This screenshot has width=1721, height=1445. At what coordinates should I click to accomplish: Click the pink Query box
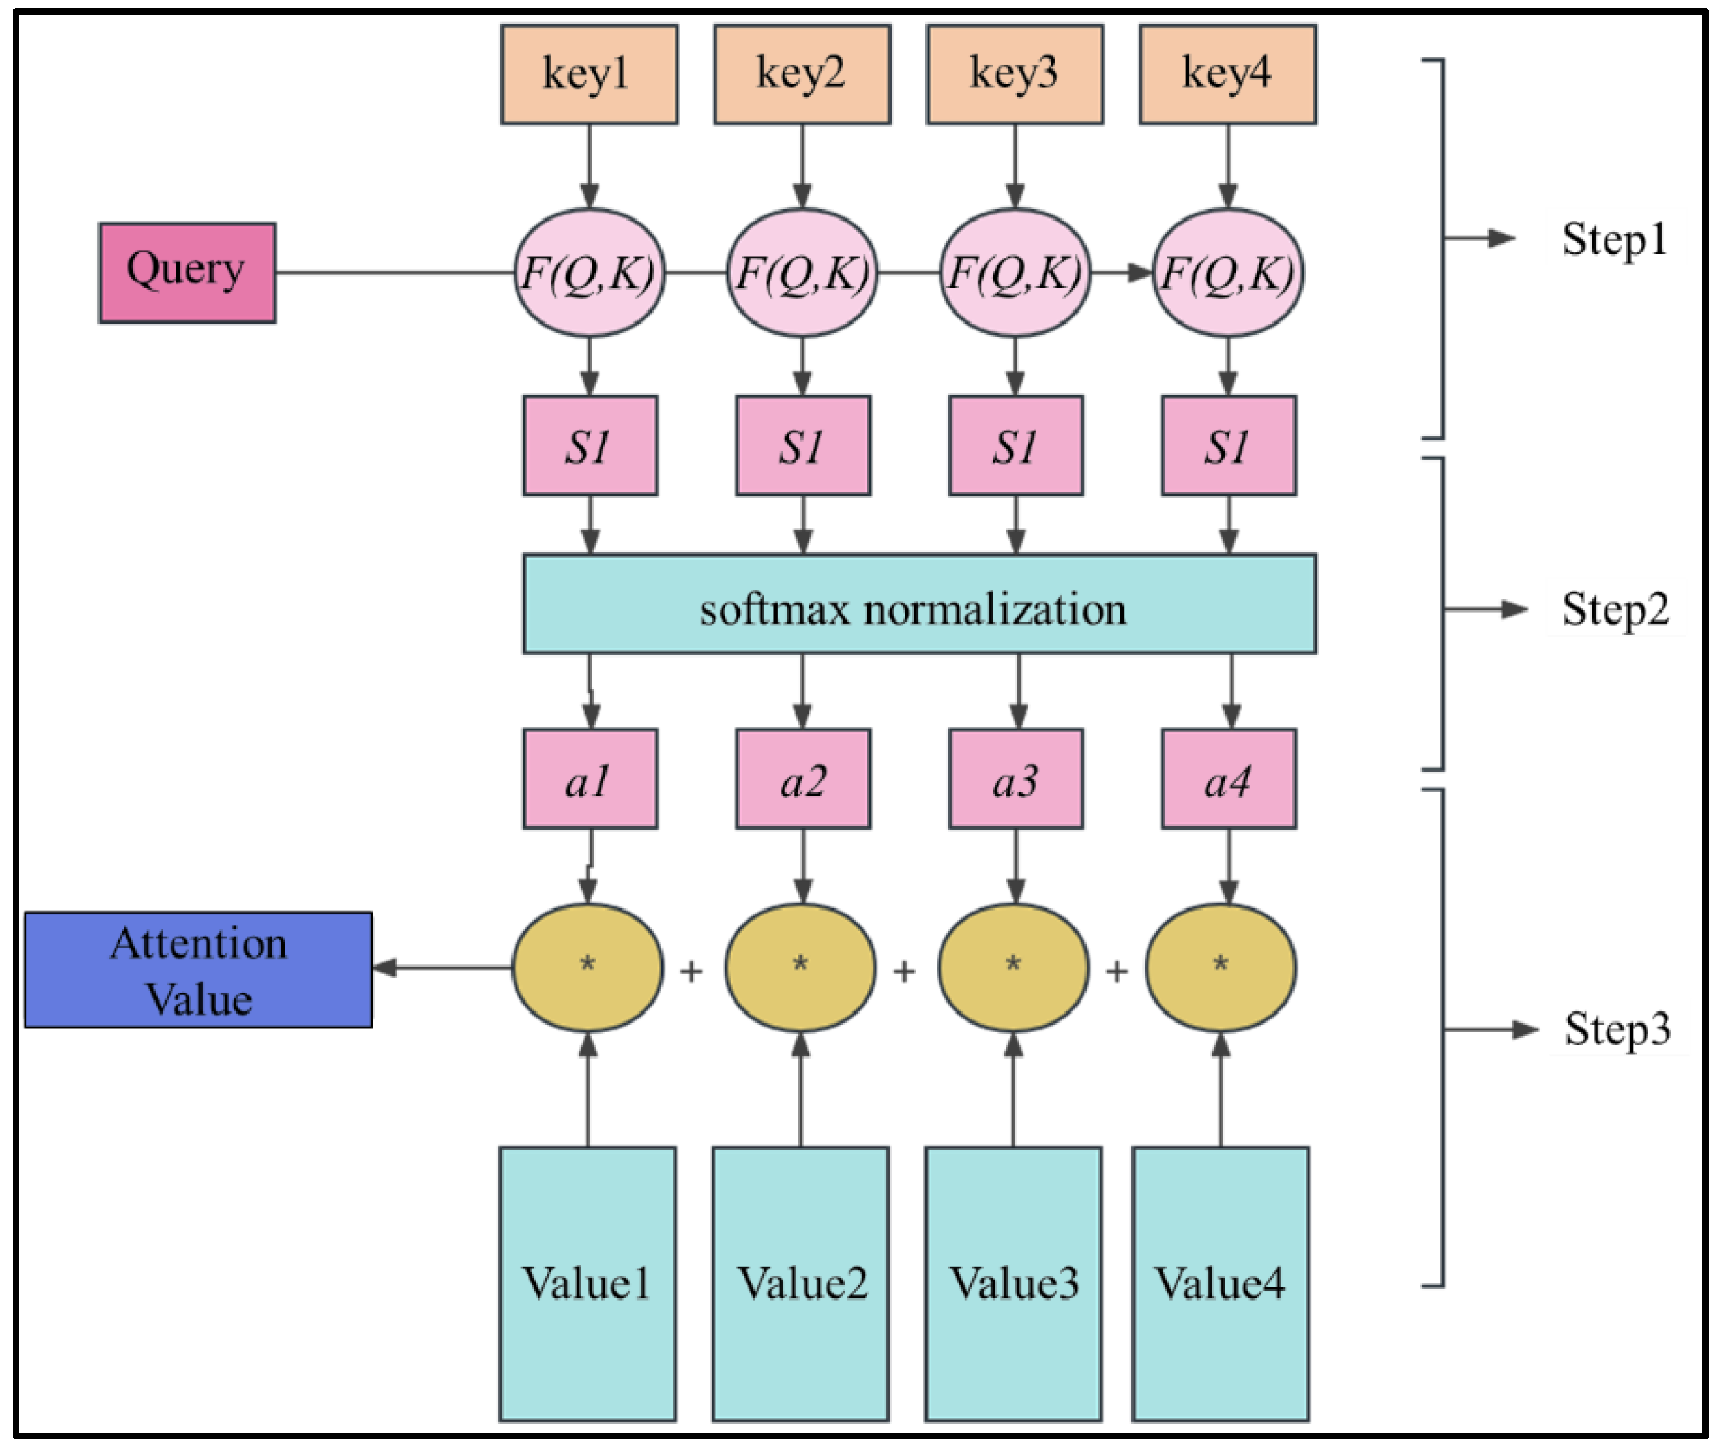[x=187, y=272]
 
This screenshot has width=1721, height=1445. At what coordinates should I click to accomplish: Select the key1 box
[x=590, y=75]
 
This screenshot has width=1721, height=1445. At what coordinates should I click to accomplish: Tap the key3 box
[x=1015, y=75]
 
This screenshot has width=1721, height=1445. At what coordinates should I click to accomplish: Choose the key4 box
[x=1228, y=75]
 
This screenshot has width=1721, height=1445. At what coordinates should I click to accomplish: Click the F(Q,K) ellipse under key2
[x=802, y=273]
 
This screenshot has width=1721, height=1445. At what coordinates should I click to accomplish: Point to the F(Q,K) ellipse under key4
[x=1228, y=273]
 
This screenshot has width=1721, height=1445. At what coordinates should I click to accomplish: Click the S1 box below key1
[x=590, y=446]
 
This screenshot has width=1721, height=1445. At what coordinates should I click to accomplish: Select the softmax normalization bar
[x=919, y=604]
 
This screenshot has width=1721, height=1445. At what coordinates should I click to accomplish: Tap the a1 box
[x=590, y=779]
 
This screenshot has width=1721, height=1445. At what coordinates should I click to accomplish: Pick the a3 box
[x=1016, y=779]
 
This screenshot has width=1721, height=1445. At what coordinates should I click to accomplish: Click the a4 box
[x=1228, y=779]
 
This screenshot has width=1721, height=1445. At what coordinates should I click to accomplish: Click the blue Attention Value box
[x=198, y=969]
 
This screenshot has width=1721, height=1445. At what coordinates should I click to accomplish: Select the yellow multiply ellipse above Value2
[x=800, y=968]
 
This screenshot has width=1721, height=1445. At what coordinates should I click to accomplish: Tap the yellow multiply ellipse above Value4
[x=1221, y=968]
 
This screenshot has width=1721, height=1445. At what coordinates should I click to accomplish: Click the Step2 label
[x=1615, y=610]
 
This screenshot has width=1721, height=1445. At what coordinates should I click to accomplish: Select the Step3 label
[x=1616, y=1029]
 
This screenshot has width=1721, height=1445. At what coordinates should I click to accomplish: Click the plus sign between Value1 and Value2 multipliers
[x=692, y=972]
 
